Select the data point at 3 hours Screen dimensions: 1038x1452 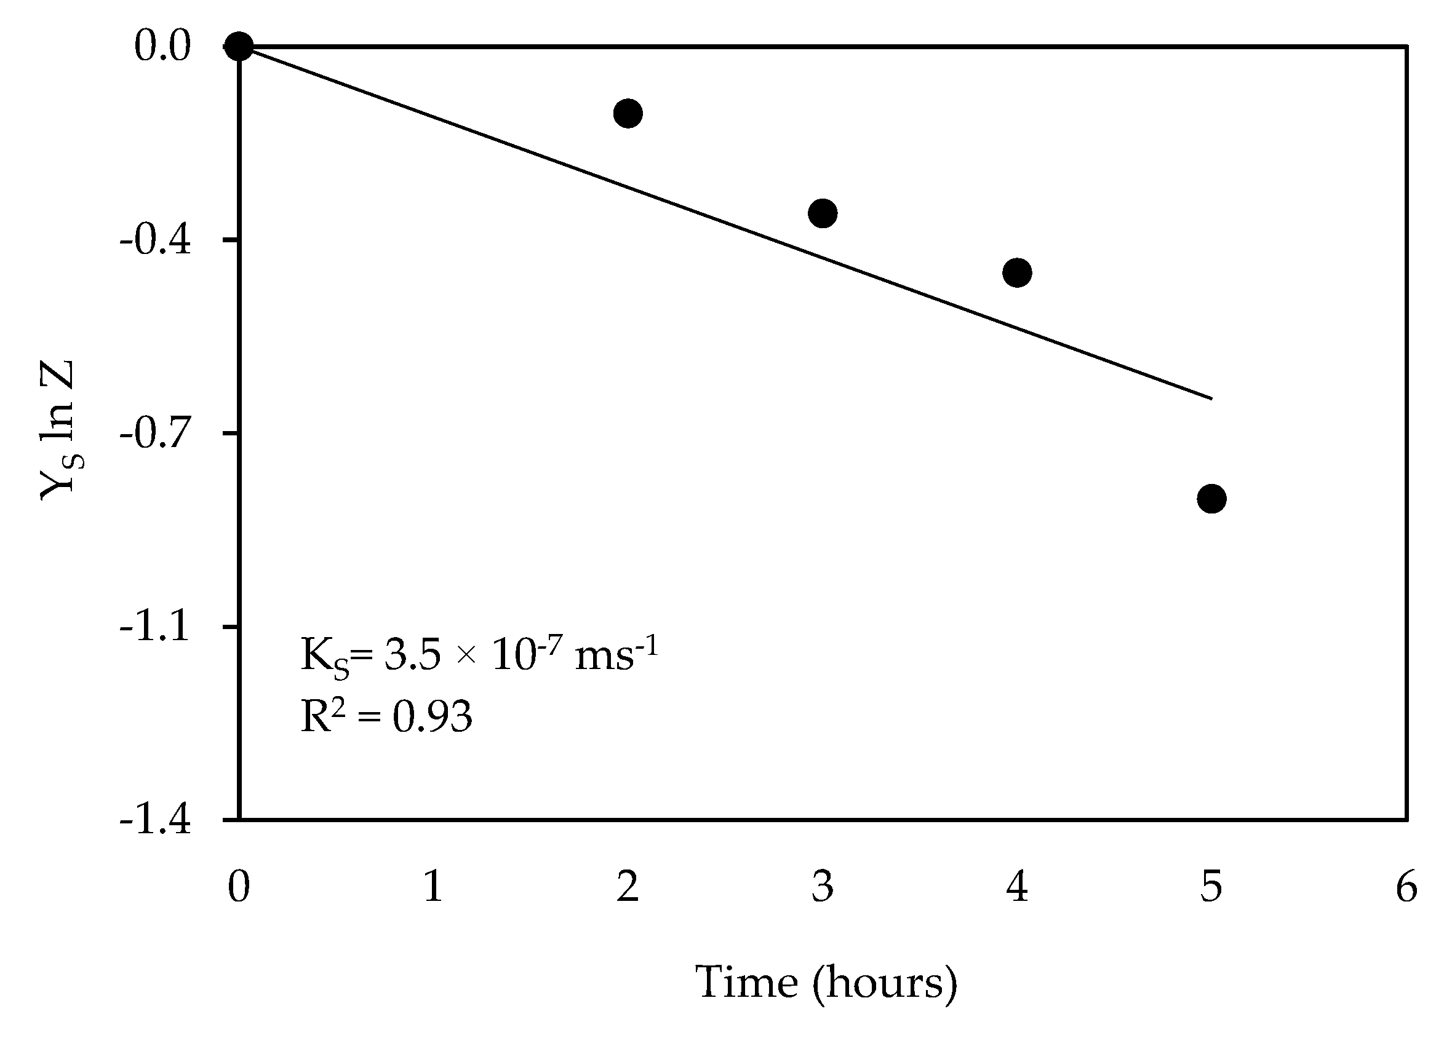click(x=822, y=213)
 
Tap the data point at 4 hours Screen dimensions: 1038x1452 click(x=1016, y=273)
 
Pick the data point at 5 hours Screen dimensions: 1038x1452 click(x=1211, y=499)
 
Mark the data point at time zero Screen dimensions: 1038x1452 click(x=239, y=46)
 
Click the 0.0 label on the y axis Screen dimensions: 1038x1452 click(x=162, y=47)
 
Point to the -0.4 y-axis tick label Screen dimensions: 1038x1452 click(x=156, y=241)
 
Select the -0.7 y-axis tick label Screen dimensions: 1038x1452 click(x=156, y=435)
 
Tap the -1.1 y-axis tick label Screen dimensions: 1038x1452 click(x=156, y=627)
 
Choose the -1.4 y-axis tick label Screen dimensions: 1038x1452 click(x=156, y=820)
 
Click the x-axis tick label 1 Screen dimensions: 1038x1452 click(x=434, y=887)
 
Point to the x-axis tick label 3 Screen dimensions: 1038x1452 click(x=822, y=887)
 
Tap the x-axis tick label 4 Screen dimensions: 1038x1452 click(x=1016, y=887)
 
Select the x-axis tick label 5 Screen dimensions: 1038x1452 click(x=1211, y=887)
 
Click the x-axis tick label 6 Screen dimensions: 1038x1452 click(x=1406, y=887)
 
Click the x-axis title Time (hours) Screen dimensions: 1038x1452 click(x=826, y=983)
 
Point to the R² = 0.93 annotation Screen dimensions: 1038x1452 click(x=386, y=716)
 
